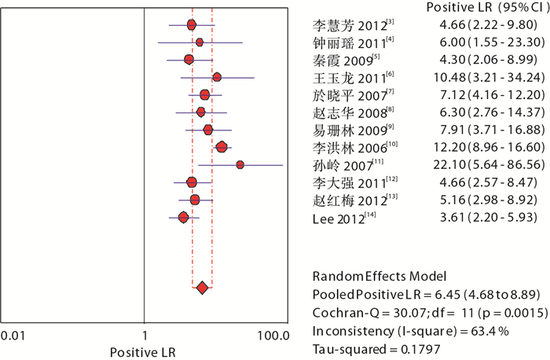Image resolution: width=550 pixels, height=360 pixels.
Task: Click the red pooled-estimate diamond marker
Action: [x=202, y=290]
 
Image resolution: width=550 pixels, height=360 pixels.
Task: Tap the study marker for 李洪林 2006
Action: [x=222, y=147]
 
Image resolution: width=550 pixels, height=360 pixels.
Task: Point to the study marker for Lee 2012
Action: [x=184, y=217]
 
